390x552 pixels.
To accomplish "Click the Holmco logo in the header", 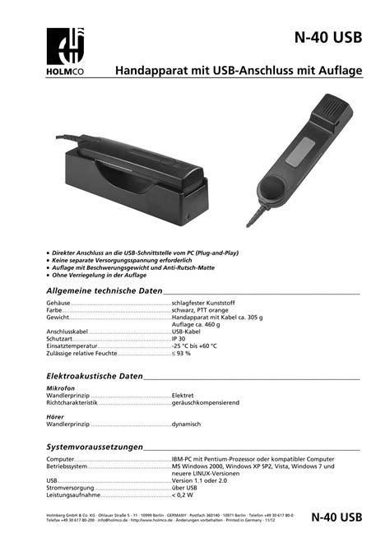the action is (x=65, y=52).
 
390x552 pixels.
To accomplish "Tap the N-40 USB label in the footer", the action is (x=337, y=517).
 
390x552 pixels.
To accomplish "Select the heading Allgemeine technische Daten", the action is (x=104, y=291).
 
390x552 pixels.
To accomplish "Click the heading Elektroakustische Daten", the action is (x=95, y=375).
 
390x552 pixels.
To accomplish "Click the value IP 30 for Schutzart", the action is (x=179, y=338).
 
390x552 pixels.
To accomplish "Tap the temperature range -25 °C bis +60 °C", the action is (x=195, y=346).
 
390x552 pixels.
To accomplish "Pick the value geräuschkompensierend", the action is (x=206, y=403).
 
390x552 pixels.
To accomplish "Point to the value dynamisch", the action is (x=187, y=424).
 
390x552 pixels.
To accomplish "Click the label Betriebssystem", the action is (x=67, y=466).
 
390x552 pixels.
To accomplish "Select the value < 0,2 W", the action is (x=183, y=496).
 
